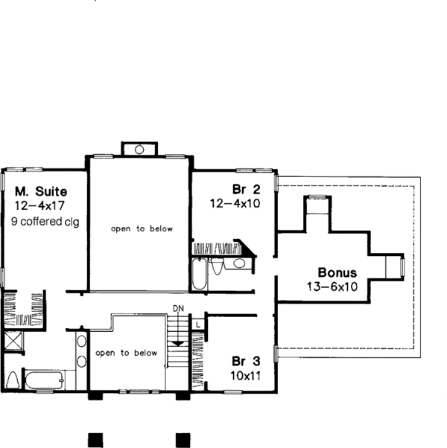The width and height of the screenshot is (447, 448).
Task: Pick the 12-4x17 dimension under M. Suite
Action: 38,205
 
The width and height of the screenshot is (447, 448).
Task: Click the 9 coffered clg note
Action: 45,221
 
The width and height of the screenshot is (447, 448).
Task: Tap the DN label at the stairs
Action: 178,308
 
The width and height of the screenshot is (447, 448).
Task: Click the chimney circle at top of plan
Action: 139,150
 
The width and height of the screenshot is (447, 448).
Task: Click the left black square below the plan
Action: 94,438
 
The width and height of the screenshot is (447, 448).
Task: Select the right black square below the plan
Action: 183,438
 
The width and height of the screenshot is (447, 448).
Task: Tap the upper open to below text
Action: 142,229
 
